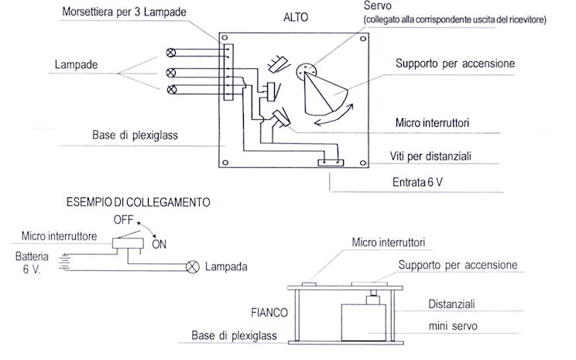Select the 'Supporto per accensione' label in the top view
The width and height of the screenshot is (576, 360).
455,63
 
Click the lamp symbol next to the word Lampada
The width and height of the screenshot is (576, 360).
191,267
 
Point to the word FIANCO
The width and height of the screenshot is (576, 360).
269,314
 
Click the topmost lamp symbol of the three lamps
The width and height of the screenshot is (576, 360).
170,53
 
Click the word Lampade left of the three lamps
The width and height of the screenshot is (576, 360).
75,65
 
